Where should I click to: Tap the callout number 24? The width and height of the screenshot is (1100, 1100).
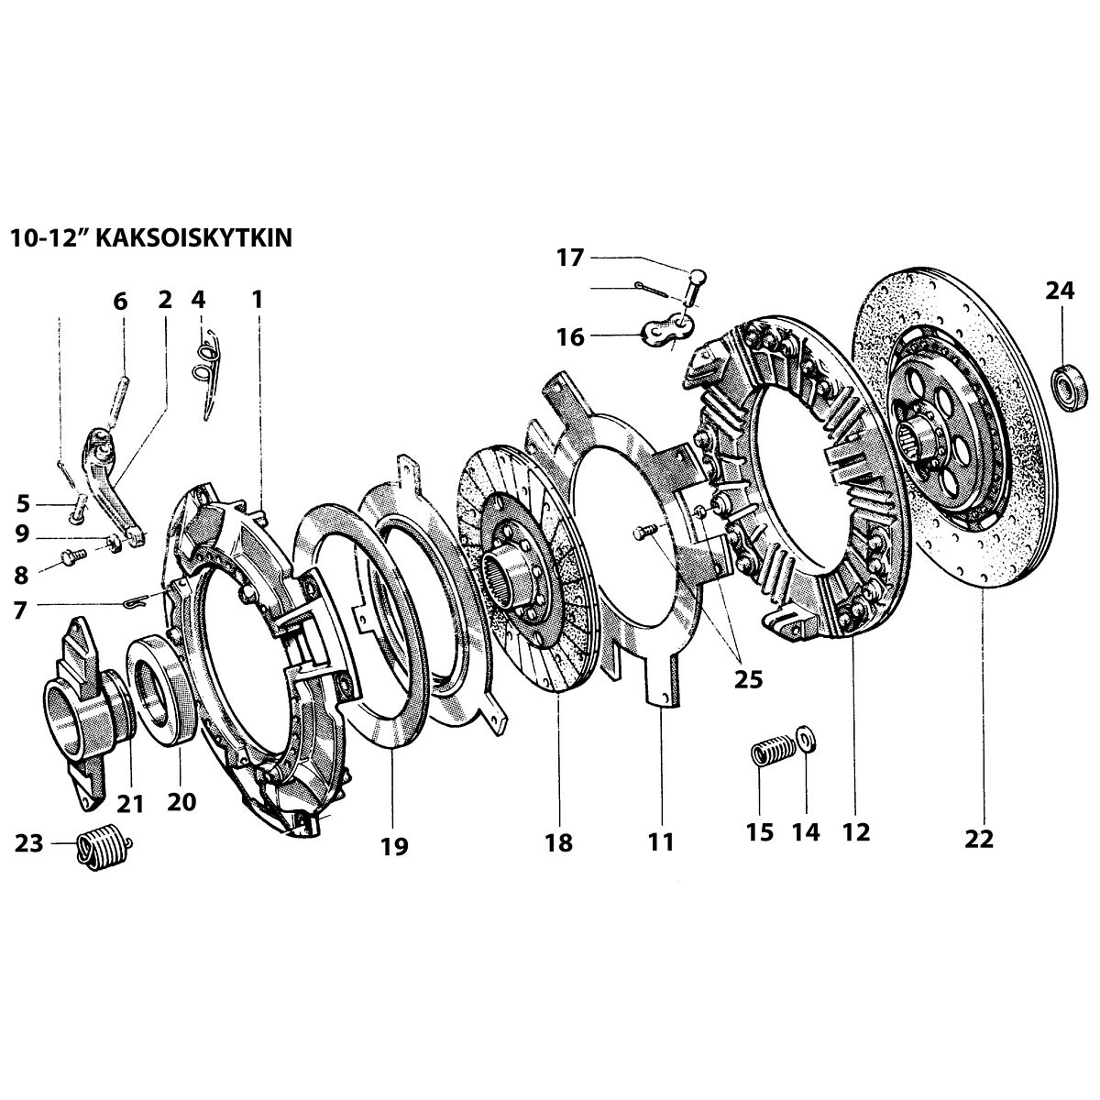pos(1061,291)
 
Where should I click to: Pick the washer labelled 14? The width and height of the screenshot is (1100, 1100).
pos(806,737)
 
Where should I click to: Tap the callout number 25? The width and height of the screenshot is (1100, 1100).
pos(748,679)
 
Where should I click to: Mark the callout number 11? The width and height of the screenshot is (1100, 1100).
pos(661,841)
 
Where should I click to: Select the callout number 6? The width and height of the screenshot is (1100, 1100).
pos(121,301)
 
